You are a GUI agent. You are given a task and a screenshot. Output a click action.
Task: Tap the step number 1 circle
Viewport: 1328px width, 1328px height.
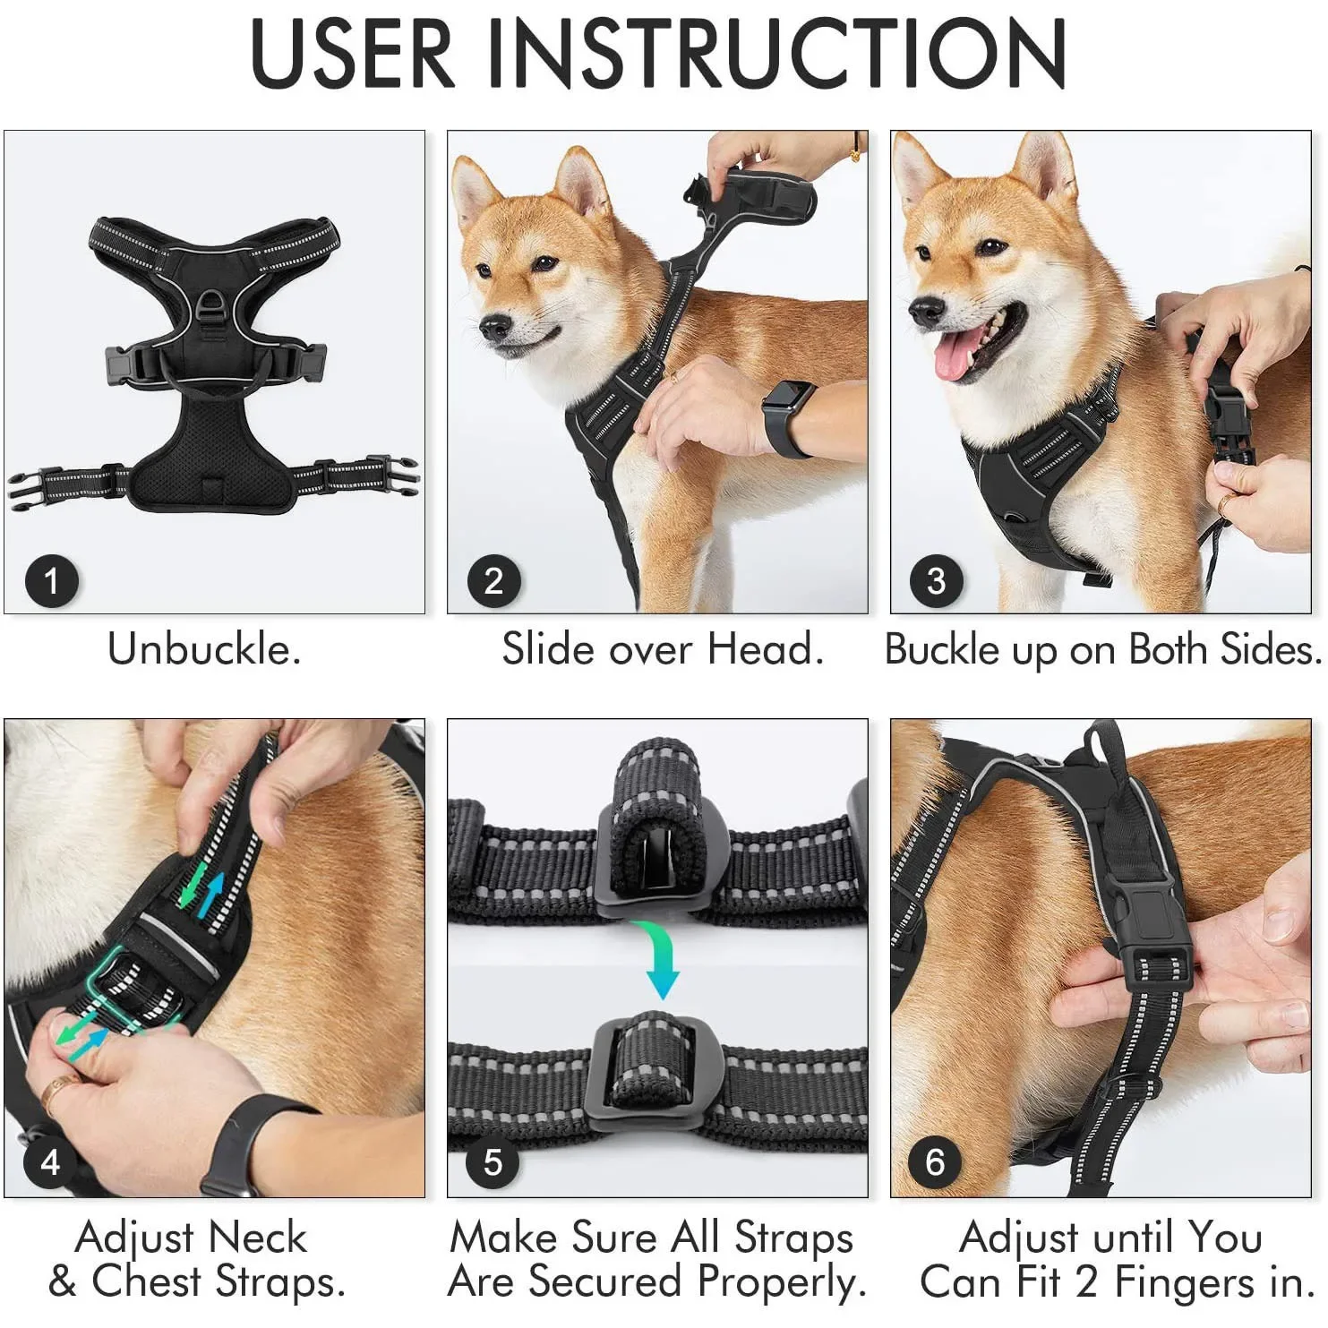(x=51, y=580)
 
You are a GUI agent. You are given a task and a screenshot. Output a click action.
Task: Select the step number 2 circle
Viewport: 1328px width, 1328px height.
(x=493, y=580)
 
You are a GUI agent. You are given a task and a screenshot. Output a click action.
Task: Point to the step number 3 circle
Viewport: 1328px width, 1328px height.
(x=936, y=580)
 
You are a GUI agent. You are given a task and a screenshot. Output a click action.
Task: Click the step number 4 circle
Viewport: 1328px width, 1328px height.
(x=51, y=1162)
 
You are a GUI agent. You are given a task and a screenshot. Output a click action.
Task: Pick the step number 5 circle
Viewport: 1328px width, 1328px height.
(x=493, y=1162)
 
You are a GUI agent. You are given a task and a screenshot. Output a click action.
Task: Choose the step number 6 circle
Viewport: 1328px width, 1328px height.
(x=935, y=1162)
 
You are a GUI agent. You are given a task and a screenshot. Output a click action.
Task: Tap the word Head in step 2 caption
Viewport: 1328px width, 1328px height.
(x=764, y=648)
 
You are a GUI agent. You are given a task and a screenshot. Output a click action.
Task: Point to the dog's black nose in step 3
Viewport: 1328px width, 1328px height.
(x=926, y=311)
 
